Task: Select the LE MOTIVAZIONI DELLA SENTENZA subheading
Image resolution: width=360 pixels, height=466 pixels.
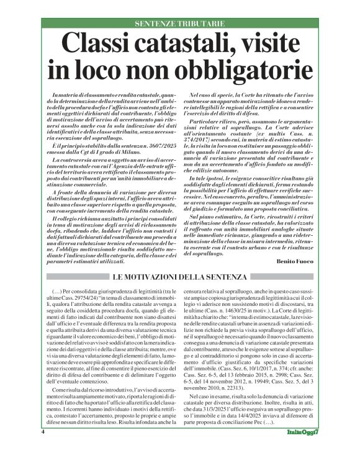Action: [x=180, y=258]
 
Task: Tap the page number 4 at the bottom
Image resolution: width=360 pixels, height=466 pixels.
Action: [x=43, y=449]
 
